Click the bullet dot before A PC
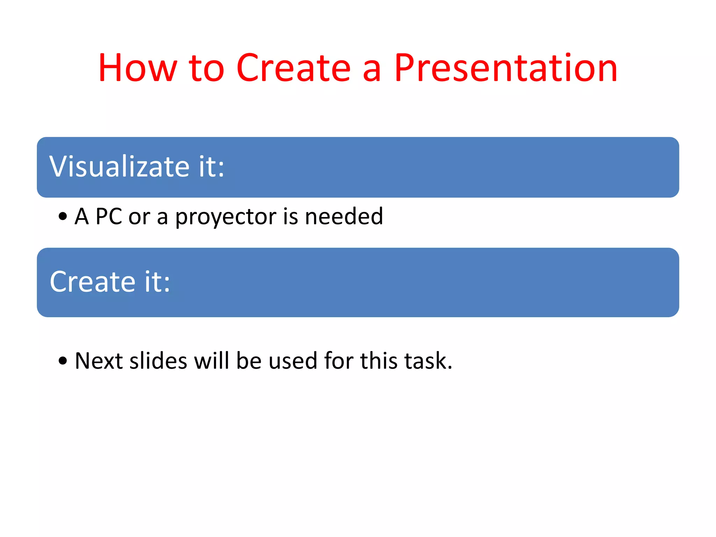click(x=63, y=216)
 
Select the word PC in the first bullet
click(x=109, y=216)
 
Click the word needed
click(x=344, y=216)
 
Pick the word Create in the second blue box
click(x=92, y=281)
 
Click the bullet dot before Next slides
click(x=63, y=360)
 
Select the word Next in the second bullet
click(x=99, y=360)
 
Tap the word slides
click(x=158, y=360)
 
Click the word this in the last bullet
click(x=379, y=360)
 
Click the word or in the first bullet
click(x=139, y=217)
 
